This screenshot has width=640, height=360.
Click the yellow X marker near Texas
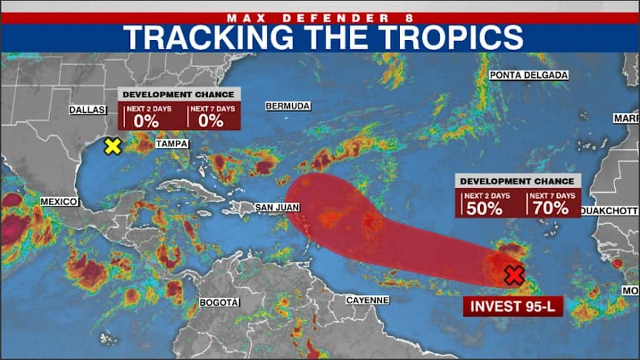(x=112, y=146)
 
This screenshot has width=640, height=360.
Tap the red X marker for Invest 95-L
(x=513, y=275)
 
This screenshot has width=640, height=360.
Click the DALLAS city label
(x=87, y=109)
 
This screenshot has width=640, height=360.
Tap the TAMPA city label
(x=171, y=144)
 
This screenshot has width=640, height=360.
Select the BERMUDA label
(x=288, y=106)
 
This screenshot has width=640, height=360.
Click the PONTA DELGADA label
(x=529, y=75)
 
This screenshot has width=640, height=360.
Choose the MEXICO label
(x=59, y=202)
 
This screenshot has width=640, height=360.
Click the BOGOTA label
(x=219, y=303)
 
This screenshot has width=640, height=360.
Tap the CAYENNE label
(x=367, y=300)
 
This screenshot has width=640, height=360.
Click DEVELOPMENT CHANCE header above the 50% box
(x=517, y=181)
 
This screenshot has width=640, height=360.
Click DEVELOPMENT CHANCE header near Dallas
(x=179, y=94)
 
